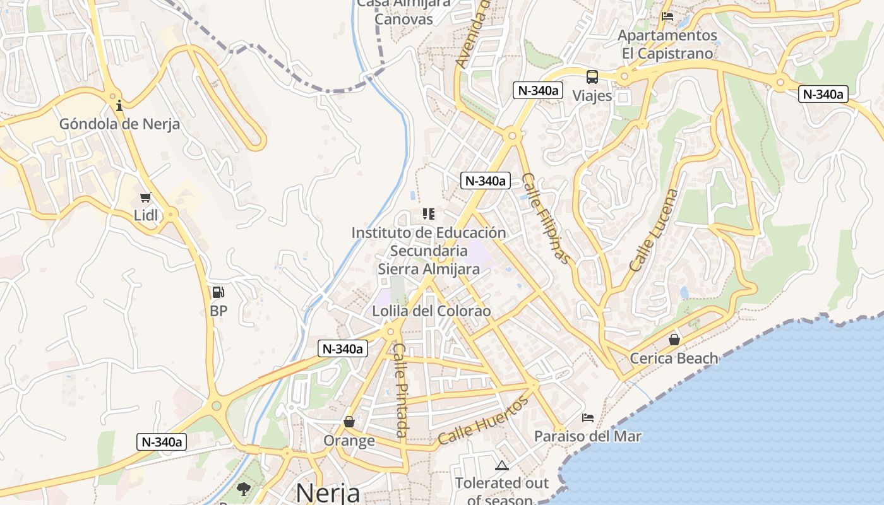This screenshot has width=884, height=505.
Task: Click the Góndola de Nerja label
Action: point(119,124)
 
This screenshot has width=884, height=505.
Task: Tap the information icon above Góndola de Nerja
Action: point(119,105)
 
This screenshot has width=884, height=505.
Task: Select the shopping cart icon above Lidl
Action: point(146,198)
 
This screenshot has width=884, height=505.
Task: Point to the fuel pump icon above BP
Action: point(218,292)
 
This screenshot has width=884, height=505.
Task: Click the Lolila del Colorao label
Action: point(431,311)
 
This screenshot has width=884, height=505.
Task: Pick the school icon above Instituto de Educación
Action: point(429,214)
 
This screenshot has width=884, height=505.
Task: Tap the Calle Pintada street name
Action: point(400,390)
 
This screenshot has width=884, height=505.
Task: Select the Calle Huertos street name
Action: point(483,421)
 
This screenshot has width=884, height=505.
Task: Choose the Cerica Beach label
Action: point(674,359)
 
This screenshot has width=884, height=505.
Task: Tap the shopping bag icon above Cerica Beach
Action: point(674,340)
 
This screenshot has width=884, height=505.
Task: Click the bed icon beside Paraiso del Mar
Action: point(588,417)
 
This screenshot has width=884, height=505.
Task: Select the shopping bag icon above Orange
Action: point(349,422)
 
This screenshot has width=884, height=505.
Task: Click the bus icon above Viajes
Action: point(592,77)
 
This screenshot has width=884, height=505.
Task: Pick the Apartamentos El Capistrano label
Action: point(667,44)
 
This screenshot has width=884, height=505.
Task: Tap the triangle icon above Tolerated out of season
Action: point(502,466)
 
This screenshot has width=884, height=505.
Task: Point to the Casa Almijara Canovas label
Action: point(404,11)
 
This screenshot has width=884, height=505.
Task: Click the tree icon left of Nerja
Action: point(243,489)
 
